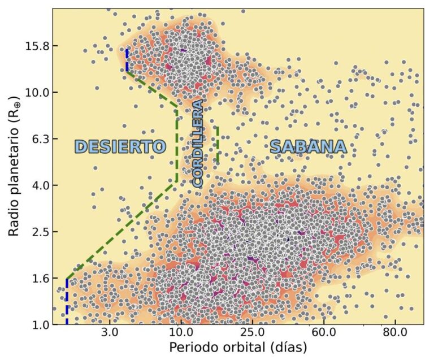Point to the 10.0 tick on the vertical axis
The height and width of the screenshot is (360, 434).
click(38, 92)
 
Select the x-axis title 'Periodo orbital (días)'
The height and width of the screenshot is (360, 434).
click(237, 346)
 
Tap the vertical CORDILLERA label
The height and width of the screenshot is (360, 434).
click(197, 144)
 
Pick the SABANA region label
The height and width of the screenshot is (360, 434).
click(308, 147)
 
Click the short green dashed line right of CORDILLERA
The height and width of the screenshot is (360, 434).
click(218, 145)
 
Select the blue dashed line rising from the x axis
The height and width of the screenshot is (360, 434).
click(67, 302)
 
